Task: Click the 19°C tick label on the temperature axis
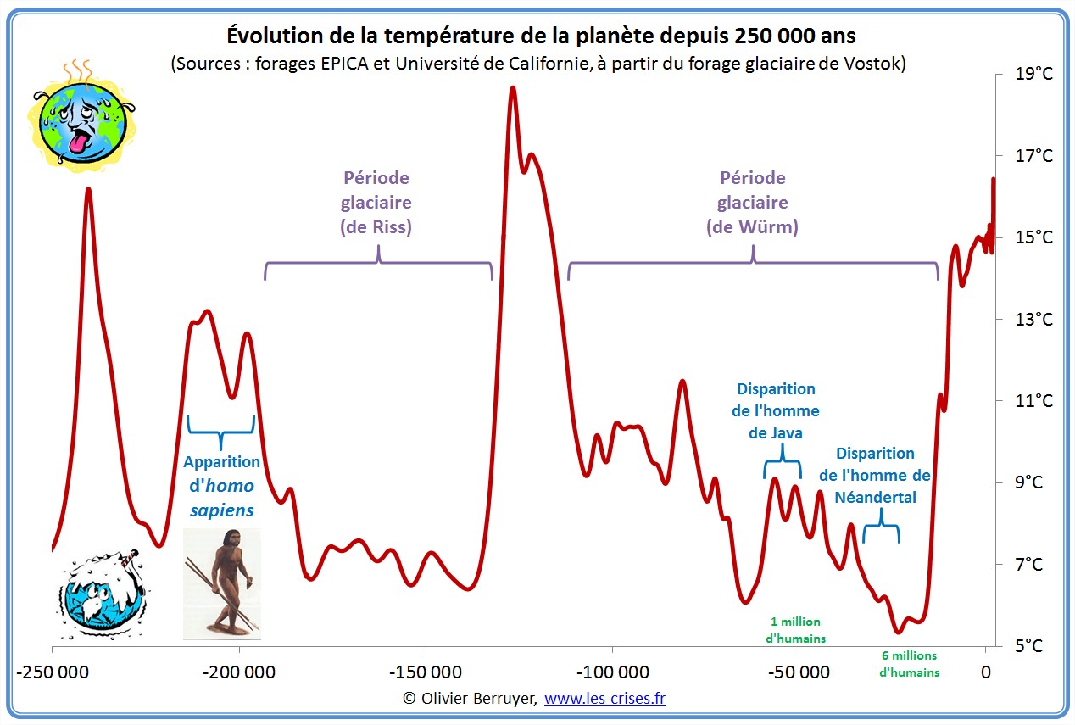pos(1033,74)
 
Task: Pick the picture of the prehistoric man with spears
pos(222,583)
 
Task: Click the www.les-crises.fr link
pos(604,699)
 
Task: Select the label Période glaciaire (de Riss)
pos(376,203)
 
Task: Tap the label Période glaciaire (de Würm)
pos(753,203)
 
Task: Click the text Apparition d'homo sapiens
pos(221,486)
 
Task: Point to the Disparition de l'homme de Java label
pos(776,410)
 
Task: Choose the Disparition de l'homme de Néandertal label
pos(876,476)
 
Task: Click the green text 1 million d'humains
pos(795,630)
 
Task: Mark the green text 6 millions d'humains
pos(909,664)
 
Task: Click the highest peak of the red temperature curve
pos(513,87)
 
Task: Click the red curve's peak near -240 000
pos(88,189)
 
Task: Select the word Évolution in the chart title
pos(270,36)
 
